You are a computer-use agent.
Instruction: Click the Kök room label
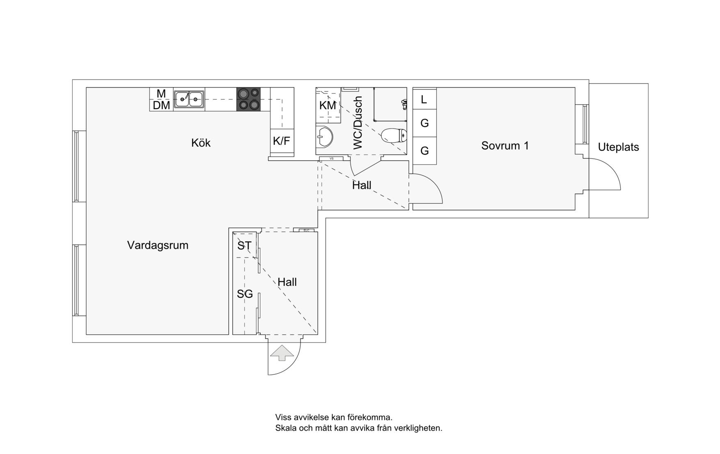(x=201, y=143)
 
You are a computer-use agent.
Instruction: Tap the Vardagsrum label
(x=158, y=245)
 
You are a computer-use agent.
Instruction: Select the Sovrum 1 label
(x=505, y=146)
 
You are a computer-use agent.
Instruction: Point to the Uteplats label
(x=618, y=147)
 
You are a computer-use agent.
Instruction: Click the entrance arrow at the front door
(x=282, y=353)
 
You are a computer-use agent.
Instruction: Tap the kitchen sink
(x=189, y=99)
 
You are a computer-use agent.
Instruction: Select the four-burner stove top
(x=249, y=99)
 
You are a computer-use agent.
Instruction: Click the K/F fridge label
(x=282, y=141)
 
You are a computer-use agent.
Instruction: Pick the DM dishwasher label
(x=161, y=105)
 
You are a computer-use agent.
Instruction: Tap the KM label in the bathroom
(x=328, y=105)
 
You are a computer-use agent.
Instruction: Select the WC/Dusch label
(x=358, y=123)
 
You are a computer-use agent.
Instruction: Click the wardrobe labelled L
(x=424, y=99)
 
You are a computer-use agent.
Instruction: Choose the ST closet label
(x=244, y=246)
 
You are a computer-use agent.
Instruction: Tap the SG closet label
(x=245, y=294)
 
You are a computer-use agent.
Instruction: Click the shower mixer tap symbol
(x=404, y=104)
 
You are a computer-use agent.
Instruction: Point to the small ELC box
(x=306, y=230)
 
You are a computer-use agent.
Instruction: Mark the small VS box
(x=331, y=158)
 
